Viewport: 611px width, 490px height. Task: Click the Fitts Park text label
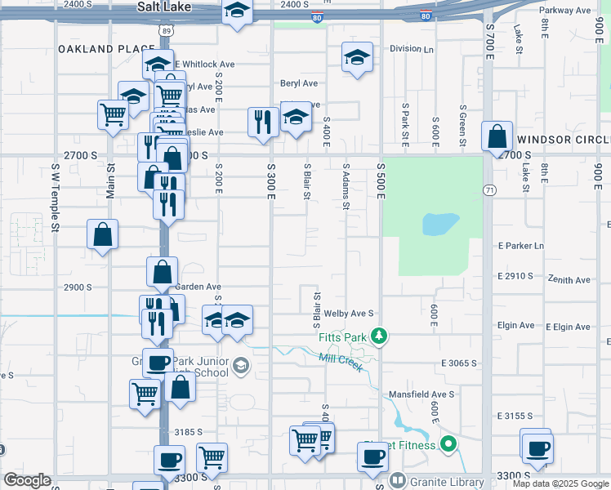tap(341, 336)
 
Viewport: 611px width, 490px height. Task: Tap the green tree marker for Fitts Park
tap(378, 335)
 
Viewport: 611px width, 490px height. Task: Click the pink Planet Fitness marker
tap(448, 444)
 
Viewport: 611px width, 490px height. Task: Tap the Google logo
tap(27, 480)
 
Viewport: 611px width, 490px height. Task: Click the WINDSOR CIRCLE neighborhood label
tap(563, 140)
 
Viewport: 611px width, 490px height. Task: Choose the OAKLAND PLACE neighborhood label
tap(107, 49)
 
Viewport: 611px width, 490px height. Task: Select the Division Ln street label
tap(412, 49)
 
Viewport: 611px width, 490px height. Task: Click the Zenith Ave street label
tap(569, 280)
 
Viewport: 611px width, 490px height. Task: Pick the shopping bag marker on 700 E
tap(497, 137)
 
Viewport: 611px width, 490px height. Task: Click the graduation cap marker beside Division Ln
tap(357, 58)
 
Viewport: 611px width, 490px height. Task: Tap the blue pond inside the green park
tap(440, 223)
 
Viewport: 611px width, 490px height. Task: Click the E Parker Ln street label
tap(520, 246)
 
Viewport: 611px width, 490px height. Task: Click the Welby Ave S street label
tap(348, 313)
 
